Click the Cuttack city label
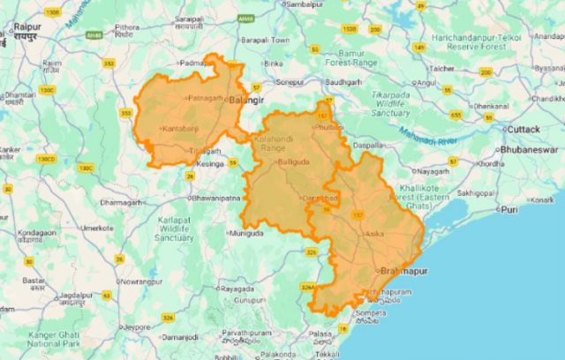[x=524, y=129]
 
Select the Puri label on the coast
[x=509, y=209]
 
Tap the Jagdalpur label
[x=77, y=295]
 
